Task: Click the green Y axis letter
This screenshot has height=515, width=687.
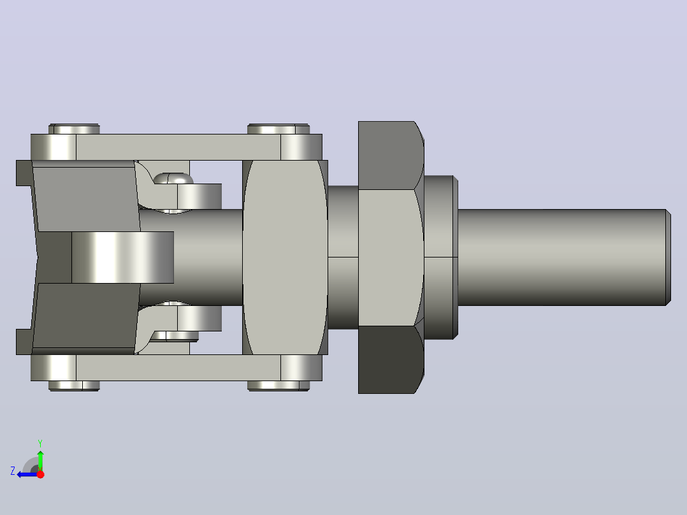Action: (x=40, y=443)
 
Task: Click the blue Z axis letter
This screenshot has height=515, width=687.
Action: (x=13, y=471)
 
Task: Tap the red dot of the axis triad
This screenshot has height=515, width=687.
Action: (x=40, y=474)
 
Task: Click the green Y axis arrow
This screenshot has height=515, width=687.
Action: (x=40, y=460)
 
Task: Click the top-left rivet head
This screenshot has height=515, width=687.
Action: (x=74, y=129)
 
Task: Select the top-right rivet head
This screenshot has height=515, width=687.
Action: (x=278, y=129)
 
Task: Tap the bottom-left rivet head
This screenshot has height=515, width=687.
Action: (x=74, y=386)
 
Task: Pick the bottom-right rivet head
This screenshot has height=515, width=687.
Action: (x=278, y=386)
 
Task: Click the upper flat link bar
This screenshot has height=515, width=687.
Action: (x=178, y=147)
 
